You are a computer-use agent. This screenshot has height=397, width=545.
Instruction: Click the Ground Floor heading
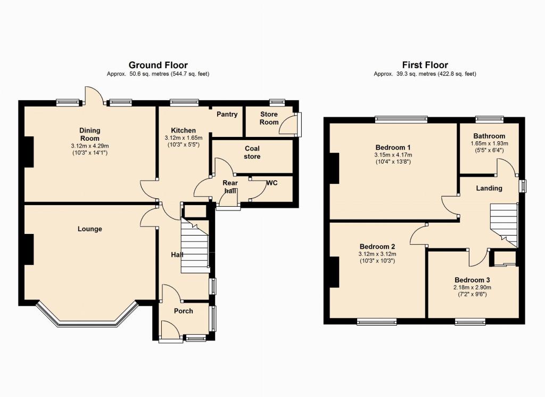(158, 65)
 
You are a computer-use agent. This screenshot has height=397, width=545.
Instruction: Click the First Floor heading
(425, 65)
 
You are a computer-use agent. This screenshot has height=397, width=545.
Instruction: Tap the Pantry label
(227, 114)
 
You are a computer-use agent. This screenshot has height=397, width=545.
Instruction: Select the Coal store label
(252, 152)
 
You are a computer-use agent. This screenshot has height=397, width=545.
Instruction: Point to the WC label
(272, 183)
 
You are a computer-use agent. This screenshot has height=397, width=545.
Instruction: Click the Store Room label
(269, 118)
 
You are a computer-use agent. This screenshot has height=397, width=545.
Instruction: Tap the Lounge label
(89, 229)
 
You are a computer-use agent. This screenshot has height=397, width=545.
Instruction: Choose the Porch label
(183, 311)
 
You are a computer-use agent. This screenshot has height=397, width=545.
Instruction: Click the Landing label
(489, 188)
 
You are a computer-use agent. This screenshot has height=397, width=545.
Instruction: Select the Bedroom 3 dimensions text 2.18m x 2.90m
(473, 287)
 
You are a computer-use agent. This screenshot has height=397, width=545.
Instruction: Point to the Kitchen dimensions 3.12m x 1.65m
(184, 138)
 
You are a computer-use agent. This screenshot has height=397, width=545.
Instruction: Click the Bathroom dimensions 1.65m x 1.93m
(490, 143)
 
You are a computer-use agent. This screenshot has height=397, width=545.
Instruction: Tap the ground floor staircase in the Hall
(194, 246)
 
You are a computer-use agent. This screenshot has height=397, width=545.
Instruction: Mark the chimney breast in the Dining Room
(29, 152)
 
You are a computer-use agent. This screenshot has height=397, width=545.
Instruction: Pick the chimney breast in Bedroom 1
(334, 168)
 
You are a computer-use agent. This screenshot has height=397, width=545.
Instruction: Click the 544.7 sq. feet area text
(189, 74)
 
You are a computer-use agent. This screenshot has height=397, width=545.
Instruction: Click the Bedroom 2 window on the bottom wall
(377, 321)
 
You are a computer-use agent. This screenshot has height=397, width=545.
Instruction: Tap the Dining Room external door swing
(95, 94)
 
